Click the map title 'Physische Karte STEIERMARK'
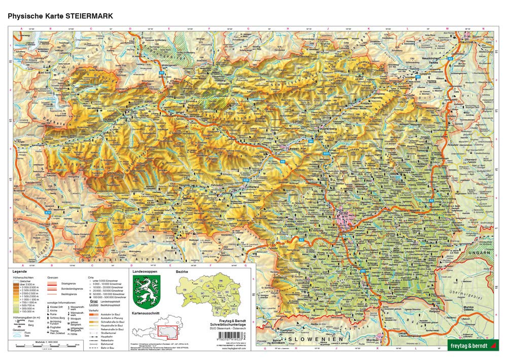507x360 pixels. click(x=60, y=16)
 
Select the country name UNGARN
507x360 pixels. click(x=480, y=252)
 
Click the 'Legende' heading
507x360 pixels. click(x=26, y=272)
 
